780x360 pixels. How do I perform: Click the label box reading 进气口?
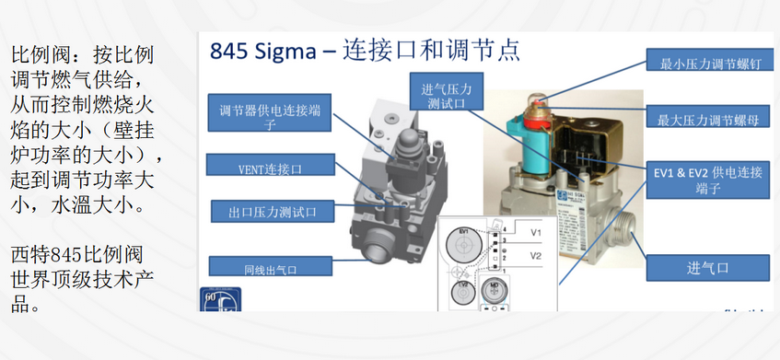tap(707, 268)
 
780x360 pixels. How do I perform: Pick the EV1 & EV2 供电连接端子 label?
tap(709, 180)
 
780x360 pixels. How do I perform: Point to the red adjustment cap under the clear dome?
tap(535, 114)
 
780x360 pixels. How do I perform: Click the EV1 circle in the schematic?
tap(463, 243)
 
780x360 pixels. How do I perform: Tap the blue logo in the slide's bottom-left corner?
tap(213, 302)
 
